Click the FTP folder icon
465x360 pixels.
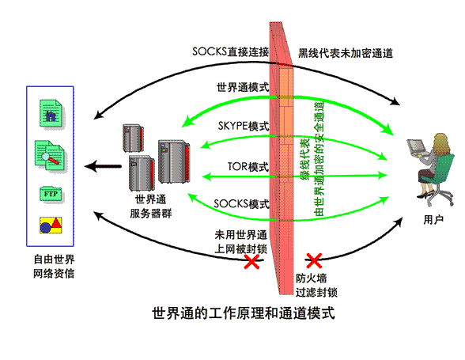pos(51,195)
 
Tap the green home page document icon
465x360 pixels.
pos(51,114)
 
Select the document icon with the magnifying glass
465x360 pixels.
pos(51,156)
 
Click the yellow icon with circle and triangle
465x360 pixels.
pos(51,225)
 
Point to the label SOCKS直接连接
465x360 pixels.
pos(230,52)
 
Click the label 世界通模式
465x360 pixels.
pos(243,87)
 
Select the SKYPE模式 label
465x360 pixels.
pos(244,126)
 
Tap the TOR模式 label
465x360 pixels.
pos(248,167)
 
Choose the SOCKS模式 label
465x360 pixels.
pos(241,204)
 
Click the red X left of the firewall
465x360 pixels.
pos(251,261)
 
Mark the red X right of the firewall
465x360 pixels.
pos(314,260)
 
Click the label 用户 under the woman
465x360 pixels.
pos(433,220)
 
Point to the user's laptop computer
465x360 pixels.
pos(418,148)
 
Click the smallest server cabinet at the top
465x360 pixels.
pos(133,138)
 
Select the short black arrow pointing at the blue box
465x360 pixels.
pos(103,166)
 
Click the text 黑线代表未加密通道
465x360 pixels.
pos(346,54)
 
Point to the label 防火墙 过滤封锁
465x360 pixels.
pos(316,286)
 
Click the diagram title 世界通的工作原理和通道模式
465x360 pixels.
pos(244,313)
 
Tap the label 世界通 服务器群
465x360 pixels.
pos(150,207)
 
